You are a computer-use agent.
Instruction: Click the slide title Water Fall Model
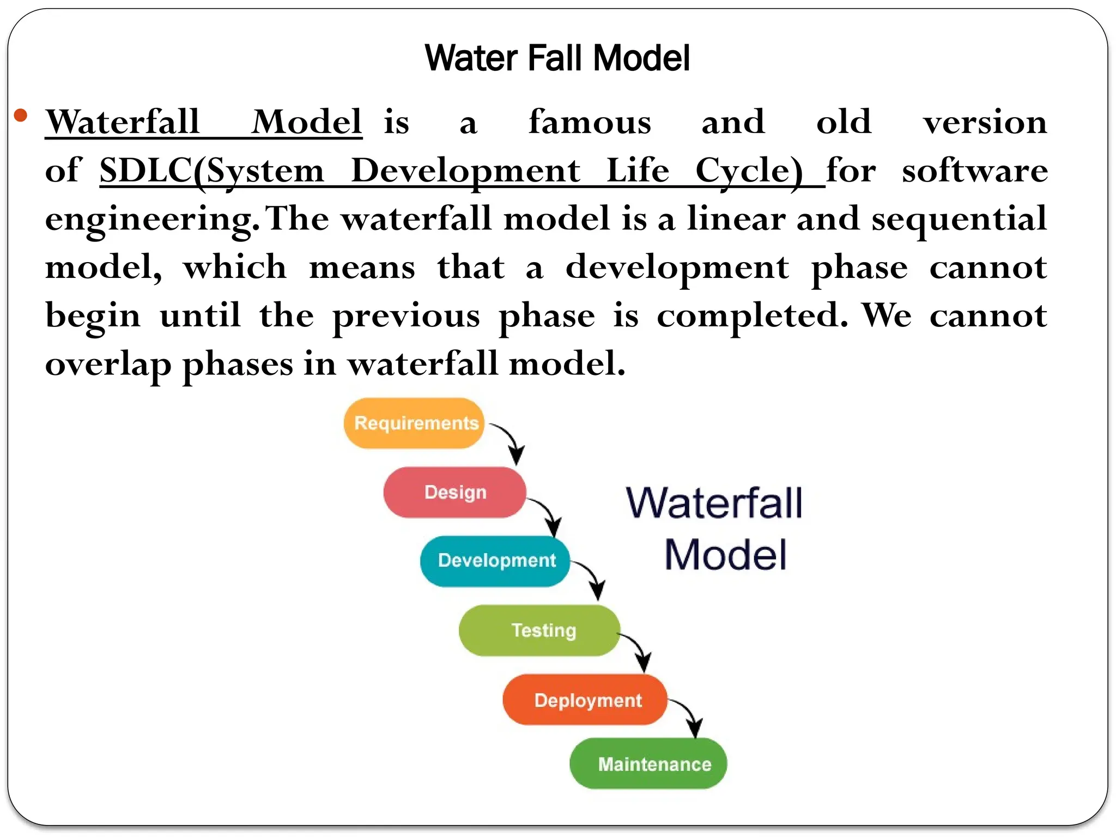click(557, 58)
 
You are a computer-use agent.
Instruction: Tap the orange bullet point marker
click(21, 115)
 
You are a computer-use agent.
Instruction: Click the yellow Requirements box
click(414, 423)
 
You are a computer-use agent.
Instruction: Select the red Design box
click(454, 492)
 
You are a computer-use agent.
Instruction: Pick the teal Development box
click(495, 561)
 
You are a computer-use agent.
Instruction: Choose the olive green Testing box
click(539, 630)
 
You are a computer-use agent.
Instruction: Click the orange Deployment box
click(585, 700)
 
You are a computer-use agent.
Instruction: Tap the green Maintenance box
click(648, 763)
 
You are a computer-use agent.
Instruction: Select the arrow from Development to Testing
click(591, 578)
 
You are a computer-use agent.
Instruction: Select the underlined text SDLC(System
click(211, 171)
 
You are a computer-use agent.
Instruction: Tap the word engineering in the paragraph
click(151, 219)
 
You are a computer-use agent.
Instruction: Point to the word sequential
click(959, 219)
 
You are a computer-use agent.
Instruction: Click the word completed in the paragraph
click(752, 316)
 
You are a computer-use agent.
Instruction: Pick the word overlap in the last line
click(108, 365)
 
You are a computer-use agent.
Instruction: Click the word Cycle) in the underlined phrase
click(749, 171)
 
